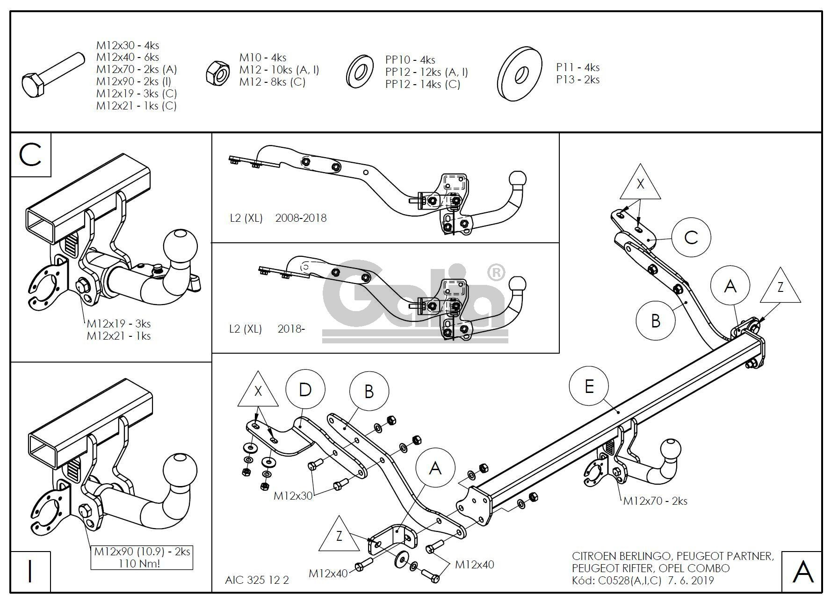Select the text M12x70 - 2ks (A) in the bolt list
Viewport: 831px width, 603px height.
(137, 69)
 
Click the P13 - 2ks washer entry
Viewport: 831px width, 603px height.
(578, 80)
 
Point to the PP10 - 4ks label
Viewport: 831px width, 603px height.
(410, 60)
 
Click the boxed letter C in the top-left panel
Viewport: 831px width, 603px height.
(31, 155)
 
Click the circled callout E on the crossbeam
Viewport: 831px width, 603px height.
(589, 386)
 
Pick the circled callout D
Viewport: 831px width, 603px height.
(305, 390)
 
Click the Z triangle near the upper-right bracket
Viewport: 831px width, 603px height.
(780, 286)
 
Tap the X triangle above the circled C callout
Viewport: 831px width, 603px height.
(640, 183)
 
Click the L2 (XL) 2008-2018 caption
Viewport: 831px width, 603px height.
(278, 218)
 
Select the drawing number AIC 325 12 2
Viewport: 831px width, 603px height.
(257, 580)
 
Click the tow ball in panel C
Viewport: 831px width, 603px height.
(180, 247)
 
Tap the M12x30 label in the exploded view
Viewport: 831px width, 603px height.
(293, 495)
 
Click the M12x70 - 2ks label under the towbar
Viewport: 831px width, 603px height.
(655, 501)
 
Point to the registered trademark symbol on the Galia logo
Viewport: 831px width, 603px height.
(496, 272)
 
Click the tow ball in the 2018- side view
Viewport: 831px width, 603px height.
(517, 284)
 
